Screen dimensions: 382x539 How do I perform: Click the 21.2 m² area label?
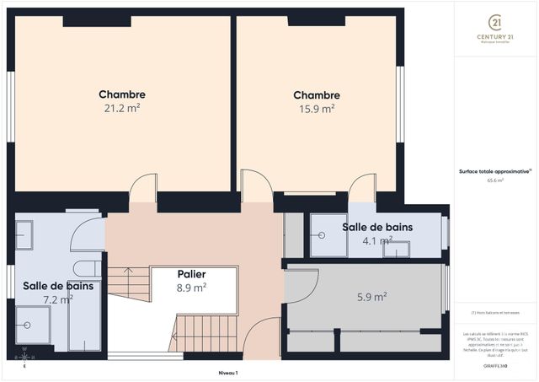tap(122, 108)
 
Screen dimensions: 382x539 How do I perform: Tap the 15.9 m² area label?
tap(317, 108)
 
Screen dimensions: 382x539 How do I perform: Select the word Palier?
tap(192, 274)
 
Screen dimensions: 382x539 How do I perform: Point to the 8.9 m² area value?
tap(192, 288)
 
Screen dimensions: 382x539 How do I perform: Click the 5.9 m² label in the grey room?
tap(371, 297)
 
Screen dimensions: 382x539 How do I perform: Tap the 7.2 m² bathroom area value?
tap(58, 299)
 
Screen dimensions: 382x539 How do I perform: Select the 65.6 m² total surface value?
tap(495, 180)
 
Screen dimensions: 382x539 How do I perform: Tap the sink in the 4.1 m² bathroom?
tap(397, 248)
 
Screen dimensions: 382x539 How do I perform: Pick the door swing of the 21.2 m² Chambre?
tap(144, 188)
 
